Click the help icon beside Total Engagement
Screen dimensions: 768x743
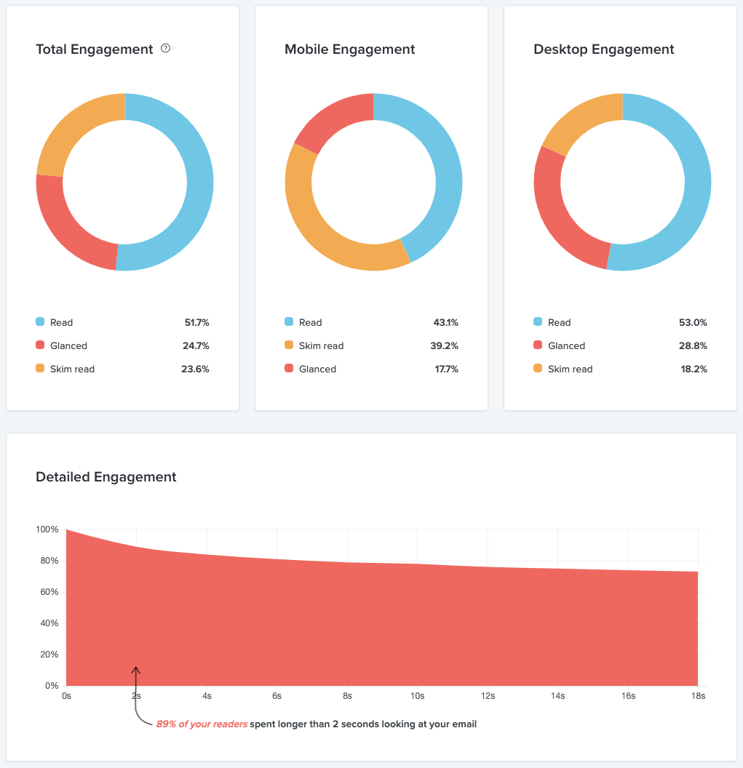point(165,49)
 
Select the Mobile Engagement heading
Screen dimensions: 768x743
point(349,49)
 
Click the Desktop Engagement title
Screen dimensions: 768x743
point(603,49)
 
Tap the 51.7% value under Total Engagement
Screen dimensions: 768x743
point(196,322)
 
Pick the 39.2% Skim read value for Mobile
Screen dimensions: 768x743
point(444,345)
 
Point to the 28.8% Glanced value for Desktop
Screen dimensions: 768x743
point(693,345)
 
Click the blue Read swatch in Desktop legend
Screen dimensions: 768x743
point(538,321)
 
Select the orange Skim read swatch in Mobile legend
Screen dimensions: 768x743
point(289,345)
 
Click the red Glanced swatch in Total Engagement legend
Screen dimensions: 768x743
point(40,345)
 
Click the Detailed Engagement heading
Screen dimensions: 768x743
point(106,477)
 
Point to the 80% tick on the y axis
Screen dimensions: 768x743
point(47,561)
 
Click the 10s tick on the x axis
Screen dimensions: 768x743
point(417,696)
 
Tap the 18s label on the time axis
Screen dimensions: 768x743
point(697,696)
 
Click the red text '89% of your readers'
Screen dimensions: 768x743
point(201,724)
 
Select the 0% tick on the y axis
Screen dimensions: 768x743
point(51,686)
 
